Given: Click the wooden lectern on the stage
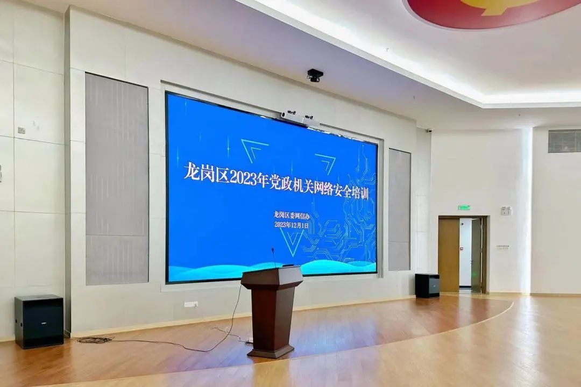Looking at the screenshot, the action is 272,311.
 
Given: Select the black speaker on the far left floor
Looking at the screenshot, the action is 39,321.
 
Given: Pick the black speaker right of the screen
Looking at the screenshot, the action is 427,285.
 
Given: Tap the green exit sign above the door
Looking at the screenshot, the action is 464,208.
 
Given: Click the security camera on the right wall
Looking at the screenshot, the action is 429,131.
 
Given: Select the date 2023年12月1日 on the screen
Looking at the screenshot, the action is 291,225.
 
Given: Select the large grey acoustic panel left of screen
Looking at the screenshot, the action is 117,179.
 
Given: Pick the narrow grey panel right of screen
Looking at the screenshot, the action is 399,210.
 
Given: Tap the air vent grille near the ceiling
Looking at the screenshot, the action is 564,140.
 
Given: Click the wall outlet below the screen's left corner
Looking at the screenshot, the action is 191,304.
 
